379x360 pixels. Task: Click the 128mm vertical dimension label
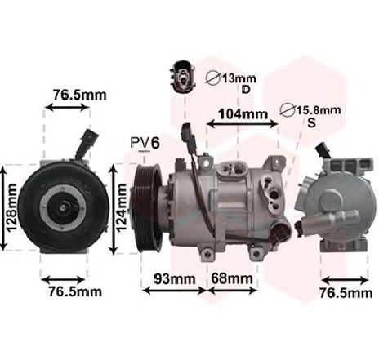click(x=11, y=208)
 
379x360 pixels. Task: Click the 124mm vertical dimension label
click(x=121, y=208)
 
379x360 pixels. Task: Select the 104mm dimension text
click(x=243, y=113)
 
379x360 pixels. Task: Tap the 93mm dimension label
click(x=175, y=278)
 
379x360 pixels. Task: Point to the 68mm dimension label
click(x=232, y=278)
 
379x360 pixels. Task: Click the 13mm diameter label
click(x=239, y=78)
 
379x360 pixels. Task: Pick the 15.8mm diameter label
click(x=319, y=110)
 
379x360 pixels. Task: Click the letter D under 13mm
click(x=246, y=90)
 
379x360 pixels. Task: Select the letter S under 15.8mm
click(x=311, y=123)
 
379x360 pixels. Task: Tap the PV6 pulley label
click(x=145, y=143)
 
